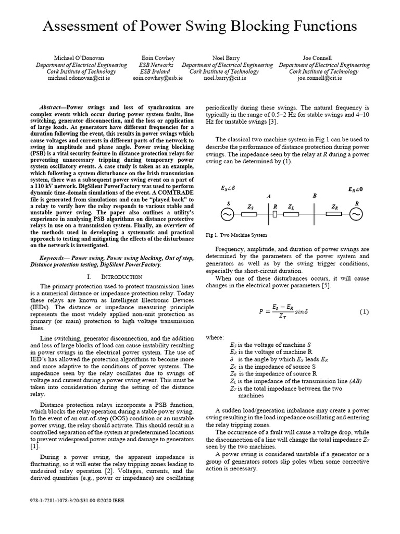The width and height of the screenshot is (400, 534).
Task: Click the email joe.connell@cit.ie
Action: pyautogui.click(x=319, y=78)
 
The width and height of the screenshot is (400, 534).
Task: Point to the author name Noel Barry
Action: pyautogui.click(x=227, y=58)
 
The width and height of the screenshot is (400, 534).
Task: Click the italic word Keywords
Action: pyautogui.click(x=55, y=258)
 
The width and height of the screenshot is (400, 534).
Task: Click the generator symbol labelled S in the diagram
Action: pyautogui.click(x=228, y=214)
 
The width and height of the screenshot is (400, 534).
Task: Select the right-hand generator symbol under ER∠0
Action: pyautogui.click(x=356, y=214)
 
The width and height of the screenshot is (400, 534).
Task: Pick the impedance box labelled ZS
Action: pyautogui.click(x=249, y=214)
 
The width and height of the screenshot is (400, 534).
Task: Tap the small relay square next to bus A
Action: pyautogui.click(x=274, y=214)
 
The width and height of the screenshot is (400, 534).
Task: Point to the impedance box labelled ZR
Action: pyautogui.click(x=334, y=214)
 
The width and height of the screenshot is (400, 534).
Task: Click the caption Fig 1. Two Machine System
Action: pyautogui.click(x=236, y=235)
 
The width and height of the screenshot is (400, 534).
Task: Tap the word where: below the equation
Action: pyautogui.click(x=215, y=338)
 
